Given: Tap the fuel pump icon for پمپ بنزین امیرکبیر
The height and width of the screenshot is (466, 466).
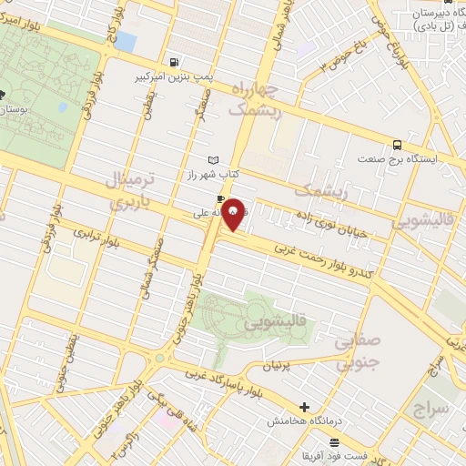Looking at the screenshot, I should click(173, 63).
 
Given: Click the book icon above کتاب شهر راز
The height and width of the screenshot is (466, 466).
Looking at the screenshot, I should click(214, 160).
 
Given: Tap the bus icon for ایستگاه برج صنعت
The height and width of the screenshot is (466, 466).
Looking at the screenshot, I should click(398, 145).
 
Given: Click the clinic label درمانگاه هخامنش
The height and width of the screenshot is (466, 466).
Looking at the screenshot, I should click(304, 422).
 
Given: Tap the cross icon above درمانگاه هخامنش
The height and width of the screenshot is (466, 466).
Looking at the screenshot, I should click(305, 407).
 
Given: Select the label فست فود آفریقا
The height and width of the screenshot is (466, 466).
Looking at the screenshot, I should click(315, 453).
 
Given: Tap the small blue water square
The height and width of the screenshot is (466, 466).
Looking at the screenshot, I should click(126, 42).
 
